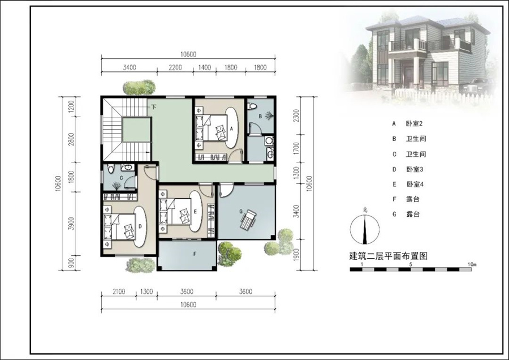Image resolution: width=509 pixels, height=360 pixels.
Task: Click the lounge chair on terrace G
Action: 248,220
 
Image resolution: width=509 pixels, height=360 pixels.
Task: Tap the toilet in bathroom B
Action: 252,106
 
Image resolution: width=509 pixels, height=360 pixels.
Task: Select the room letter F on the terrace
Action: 195,254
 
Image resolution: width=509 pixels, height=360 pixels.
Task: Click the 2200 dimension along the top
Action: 175,67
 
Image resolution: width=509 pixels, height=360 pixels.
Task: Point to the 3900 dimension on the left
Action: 71,224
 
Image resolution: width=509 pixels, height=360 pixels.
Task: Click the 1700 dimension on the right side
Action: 296,148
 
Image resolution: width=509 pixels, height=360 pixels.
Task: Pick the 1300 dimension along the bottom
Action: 146,292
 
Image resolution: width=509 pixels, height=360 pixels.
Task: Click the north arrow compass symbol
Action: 365,229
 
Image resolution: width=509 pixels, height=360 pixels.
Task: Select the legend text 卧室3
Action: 415,169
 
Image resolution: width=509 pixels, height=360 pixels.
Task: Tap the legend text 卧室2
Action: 414,123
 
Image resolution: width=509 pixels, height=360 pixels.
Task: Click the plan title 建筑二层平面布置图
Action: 388,256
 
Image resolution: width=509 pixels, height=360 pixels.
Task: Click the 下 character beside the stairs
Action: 154,107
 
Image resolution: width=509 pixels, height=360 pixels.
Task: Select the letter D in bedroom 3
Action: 140,226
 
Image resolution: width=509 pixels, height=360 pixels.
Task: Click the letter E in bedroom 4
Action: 195,212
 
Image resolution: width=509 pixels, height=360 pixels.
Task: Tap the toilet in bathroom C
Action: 111,168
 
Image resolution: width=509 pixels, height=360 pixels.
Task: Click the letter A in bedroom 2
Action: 231,128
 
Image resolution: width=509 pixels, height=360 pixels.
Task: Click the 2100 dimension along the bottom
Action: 119,292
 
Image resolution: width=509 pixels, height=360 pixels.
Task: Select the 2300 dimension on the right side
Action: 296,115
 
